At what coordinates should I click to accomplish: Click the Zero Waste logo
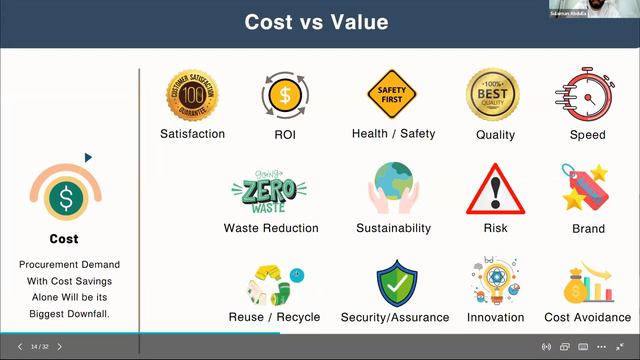(269, 190)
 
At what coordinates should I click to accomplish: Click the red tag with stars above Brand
(587, 189)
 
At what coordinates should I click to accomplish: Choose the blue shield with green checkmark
(396, 283)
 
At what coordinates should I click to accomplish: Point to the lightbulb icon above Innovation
(494, 282)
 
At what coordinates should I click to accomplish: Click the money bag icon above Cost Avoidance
(585, 284)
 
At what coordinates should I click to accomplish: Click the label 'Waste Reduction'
(271, 228)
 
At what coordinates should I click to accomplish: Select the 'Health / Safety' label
(393, 134)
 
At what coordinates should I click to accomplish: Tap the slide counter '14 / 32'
(40, 347)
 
